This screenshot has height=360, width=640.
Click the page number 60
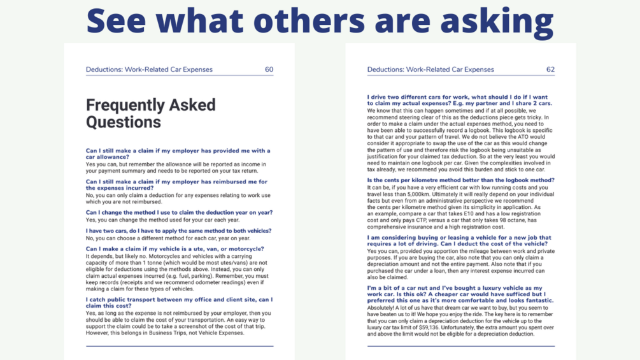269,69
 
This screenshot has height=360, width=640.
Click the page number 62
550,69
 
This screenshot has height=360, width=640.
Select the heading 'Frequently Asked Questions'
151,113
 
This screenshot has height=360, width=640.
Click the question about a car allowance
178,154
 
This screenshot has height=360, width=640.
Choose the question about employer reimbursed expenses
176,185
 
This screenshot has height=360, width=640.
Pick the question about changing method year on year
179,213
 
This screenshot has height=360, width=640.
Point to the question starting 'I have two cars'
178,231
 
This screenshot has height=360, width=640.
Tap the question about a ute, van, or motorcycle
174,249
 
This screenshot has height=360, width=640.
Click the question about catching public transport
179,302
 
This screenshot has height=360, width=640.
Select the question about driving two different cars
459,100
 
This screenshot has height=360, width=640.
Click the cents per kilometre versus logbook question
460,180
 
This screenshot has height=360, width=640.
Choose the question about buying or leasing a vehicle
459,240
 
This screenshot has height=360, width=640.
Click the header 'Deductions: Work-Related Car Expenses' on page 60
149,69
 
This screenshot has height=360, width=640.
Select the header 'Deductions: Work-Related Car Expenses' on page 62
430,69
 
